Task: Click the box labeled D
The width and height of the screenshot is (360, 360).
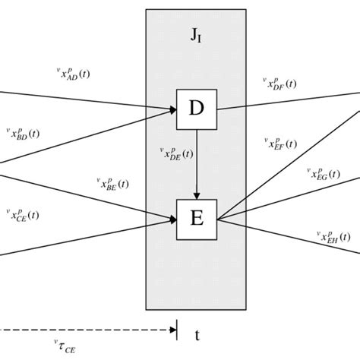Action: tap(196, 109)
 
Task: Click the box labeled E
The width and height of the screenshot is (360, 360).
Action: tap(196, 219)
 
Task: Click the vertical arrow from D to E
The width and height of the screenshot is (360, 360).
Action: tap(197, 163)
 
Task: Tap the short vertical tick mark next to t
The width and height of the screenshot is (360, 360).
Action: tap(177, 330)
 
